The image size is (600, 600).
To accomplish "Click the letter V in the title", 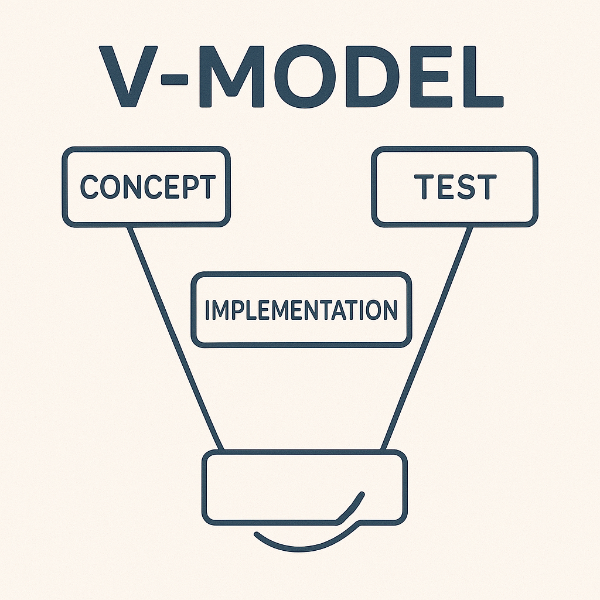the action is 128,77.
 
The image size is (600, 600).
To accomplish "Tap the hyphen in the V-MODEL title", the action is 175,79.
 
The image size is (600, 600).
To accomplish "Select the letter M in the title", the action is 232,77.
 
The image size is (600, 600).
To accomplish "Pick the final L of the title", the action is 483,77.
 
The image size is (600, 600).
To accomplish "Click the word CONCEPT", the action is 148,187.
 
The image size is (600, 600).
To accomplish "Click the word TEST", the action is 455,187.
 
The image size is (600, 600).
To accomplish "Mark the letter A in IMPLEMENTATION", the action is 339,309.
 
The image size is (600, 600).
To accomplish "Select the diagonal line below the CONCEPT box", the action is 175,338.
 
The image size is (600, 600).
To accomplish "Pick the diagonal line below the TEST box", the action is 427,338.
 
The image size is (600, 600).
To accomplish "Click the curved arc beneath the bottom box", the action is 306,543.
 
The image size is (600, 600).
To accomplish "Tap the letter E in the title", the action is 431,77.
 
